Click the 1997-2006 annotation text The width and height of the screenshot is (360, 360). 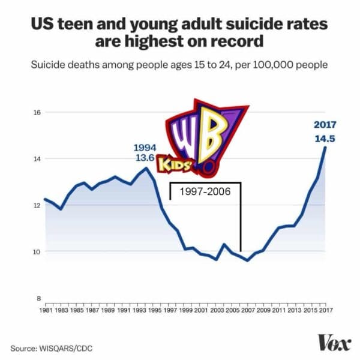coord(205,193)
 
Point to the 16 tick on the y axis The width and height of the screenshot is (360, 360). coord(36,112)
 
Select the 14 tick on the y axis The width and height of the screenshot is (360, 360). coord(36,158)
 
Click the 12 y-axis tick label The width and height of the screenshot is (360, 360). coord(36,205)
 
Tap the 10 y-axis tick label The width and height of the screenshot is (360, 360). coord(36,251)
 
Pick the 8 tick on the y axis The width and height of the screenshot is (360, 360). coord(37,298)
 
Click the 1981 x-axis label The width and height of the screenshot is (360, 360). coord(44,310)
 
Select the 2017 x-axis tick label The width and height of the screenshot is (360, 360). coord(326,310)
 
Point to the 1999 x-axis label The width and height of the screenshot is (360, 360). coord(185,310)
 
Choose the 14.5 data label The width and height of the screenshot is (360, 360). coord(325,139)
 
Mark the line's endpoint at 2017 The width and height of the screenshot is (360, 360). coord(326,147)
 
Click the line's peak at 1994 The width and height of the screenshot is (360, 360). coord(146,167)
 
